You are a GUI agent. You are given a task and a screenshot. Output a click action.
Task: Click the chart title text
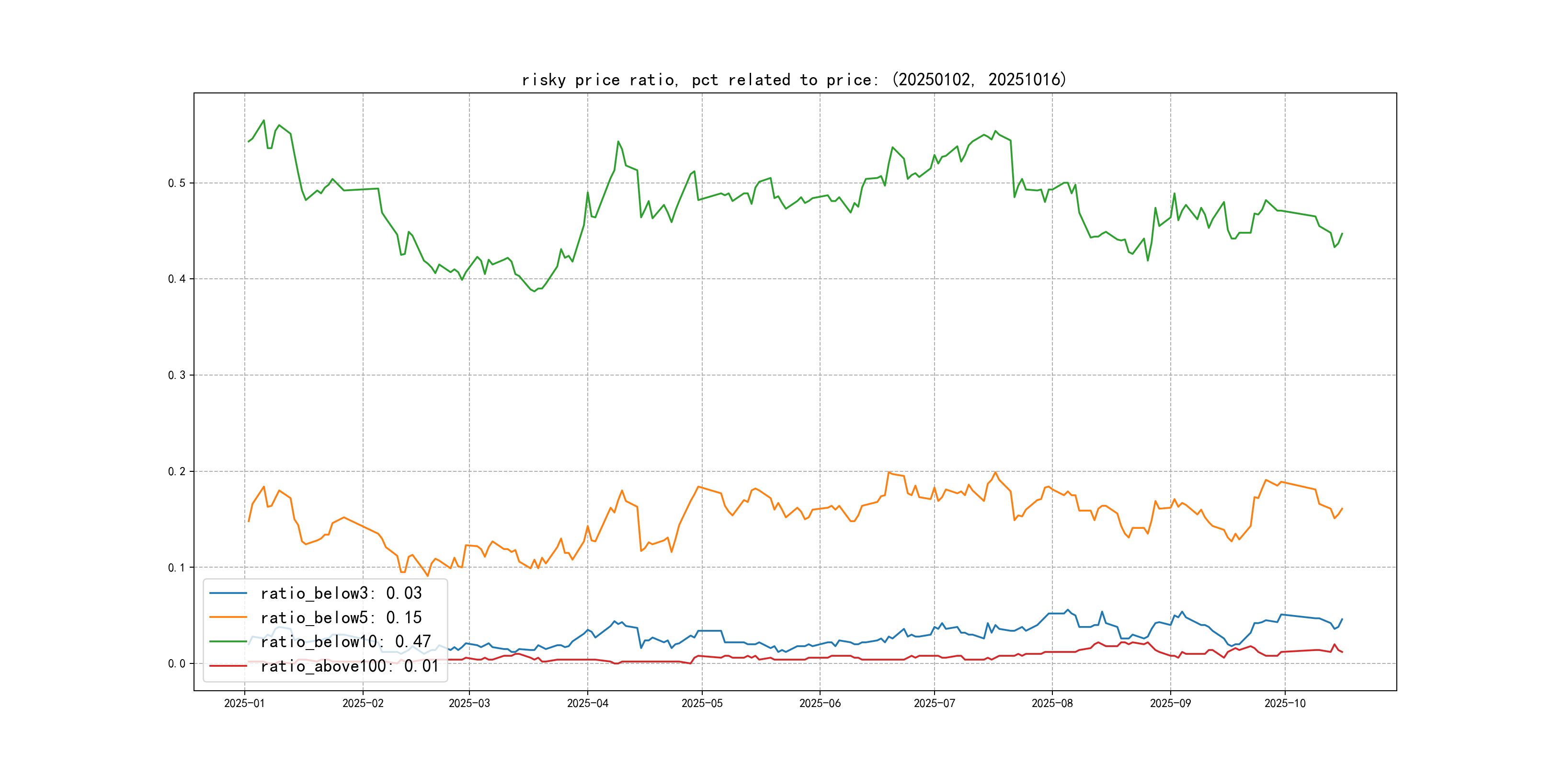coord(793,80)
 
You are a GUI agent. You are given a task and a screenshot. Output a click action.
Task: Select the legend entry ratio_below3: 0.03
coord(341,593)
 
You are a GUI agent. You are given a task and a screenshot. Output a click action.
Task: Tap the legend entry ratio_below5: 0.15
coord(341,617)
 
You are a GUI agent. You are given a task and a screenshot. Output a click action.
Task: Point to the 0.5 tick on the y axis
coord(177,183)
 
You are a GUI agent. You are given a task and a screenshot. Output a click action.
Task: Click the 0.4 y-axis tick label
coord(177,279)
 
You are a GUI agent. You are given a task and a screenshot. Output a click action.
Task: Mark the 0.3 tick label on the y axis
coord(177,376)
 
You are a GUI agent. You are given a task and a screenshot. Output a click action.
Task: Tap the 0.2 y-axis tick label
coord(177,471)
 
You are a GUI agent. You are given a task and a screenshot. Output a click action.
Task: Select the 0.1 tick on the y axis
coord(177,568)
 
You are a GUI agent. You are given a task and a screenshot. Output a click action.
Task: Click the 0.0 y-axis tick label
coord(177,663)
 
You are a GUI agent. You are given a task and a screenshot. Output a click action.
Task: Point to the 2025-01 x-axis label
coord(245,703)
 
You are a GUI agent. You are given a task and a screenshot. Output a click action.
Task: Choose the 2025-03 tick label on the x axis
coord(469,703)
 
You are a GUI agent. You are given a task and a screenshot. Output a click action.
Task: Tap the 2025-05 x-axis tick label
coord(702,703)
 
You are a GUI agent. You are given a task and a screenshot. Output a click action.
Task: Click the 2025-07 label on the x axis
coord(935,703)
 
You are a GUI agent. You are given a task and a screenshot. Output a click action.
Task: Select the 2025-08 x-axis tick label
coord(1052,703)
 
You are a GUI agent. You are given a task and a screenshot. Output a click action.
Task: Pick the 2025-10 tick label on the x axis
coord(1285,703)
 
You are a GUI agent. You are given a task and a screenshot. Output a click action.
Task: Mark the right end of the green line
coord(1342,233)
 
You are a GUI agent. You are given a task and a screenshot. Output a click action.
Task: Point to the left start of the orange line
coord(248,521)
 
